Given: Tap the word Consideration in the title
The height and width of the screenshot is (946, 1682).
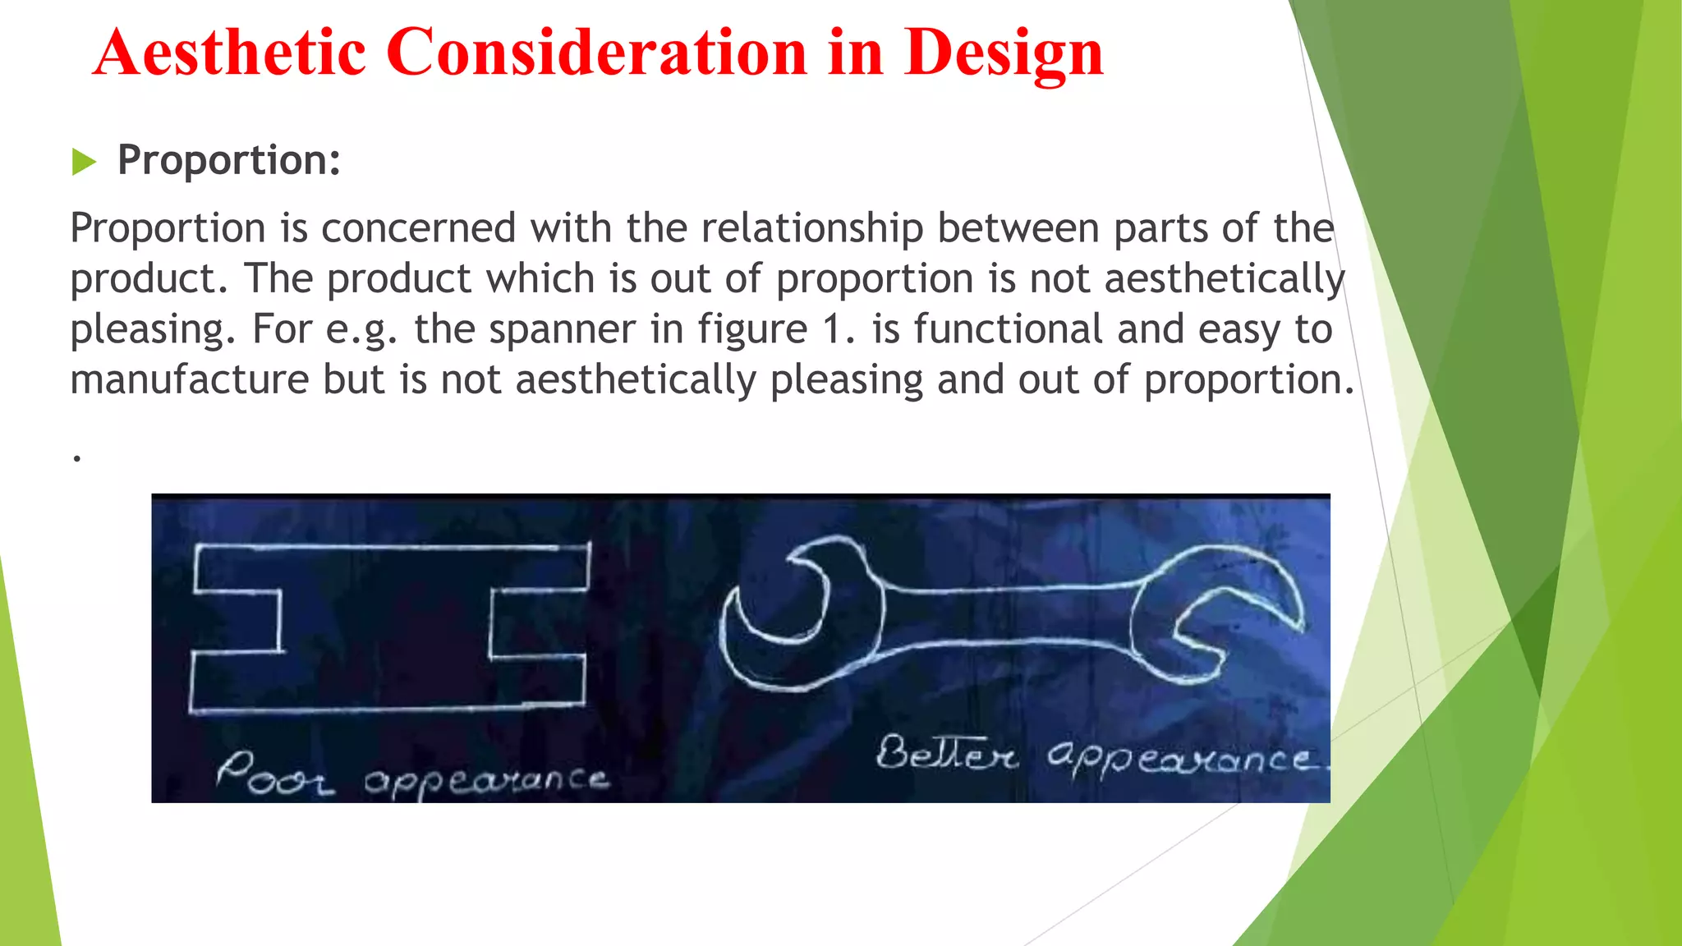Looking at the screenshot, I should (597, 53).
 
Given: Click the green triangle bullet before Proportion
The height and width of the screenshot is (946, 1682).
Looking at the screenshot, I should (83, 162).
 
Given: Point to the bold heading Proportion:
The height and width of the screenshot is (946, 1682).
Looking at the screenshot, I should (229, 160).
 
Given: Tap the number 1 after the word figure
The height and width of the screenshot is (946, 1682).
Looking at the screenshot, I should (833, 330).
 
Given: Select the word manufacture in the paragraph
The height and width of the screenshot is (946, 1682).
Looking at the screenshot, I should (189, 380).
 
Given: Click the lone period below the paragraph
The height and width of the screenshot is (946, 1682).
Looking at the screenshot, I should (76, 457).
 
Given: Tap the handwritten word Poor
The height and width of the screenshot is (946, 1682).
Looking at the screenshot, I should (274, 775).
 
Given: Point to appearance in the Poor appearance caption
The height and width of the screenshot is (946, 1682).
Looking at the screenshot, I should (486, 782).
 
